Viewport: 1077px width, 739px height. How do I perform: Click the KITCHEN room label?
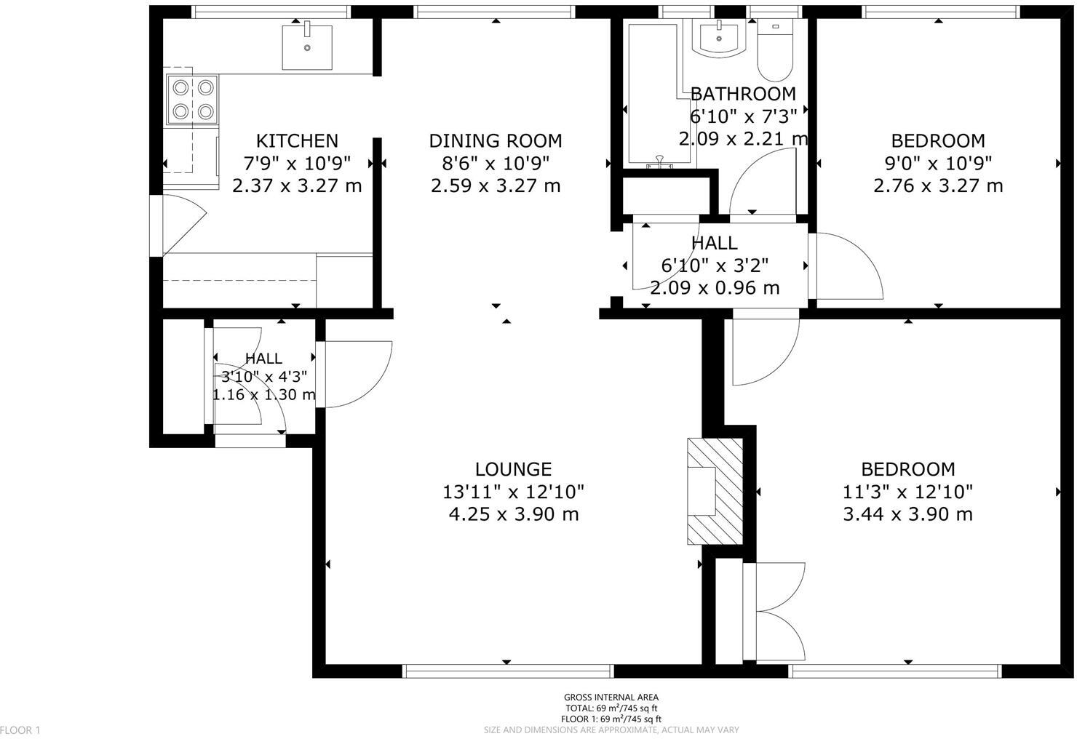pos(297,141)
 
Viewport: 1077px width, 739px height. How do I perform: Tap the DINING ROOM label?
pos(496,141)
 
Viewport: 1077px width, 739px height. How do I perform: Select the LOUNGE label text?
pos(514,469)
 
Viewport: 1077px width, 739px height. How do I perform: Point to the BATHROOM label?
pos(743,94)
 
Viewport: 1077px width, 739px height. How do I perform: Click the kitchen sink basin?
pos(307,47)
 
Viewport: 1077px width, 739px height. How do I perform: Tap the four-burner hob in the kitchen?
pos(192,100)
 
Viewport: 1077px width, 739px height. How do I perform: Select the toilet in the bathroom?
pos(775,51)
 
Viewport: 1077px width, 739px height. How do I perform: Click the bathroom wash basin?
pos(719,39)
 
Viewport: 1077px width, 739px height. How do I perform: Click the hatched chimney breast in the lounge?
pos(715,491)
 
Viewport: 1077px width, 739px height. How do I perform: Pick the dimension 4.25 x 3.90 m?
pos(514,515)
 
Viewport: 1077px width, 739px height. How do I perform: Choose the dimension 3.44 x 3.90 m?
pos(907,515)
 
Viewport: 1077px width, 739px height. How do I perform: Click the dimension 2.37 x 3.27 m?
pos(297,186)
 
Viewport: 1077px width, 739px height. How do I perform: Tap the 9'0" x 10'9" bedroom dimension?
pos(938,164)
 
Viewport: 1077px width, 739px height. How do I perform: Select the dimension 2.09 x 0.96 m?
pos(715,288)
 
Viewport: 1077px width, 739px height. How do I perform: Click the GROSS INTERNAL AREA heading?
pos(611,698)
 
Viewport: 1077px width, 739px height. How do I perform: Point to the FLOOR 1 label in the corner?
pos(20,730)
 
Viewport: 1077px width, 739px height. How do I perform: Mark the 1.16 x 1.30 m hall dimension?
pos(264,394)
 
